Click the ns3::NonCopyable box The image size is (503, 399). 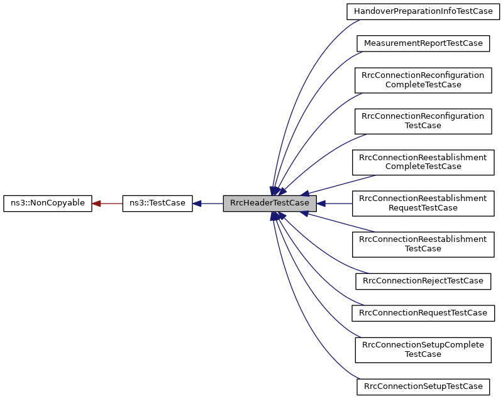[x=48, y=204]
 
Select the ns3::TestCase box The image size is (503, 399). [x=157, y=204]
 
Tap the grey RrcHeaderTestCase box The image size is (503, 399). [x=270, y=204]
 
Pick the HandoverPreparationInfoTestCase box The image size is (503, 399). [x=423, y=11]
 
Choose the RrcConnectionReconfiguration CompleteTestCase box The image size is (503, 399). [x=423, y=80]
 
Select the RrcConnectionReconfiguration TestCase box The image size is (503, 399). [x=423, y=121]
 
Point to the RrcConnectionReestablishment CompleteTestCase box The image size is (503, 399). [x=423, y=161]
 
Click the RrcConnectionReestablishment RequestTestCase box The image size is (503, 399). [x=423, y=203]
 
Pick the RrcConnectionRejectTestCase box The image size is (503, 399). [x=423, y=280]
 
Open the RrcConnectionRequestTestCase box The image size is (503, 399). [x=423, y=312]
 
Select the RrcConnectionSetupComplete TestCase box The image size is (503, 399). [x=423, y=349]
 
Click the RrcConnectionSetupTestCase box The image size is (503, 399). [x=423, y=386]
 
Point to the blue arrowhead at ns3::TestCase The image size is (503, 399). [x=197, y=204]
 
